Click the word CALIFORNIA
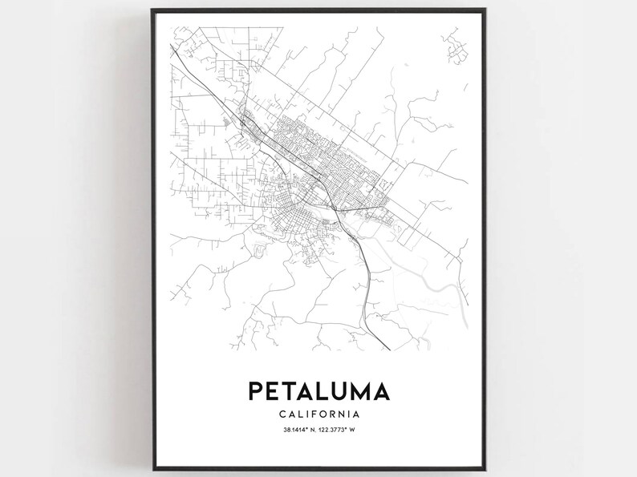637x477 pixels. pos(319,414)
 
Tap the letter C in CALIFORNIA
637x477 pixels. pos(283,414)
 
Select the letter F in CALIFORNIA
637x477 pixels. pos(313,414)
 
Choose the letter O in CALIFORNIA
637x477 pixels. pos(323,414)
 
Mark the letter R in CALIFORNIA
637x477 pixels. pos(332,414)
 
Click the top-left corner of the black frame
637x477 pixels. pos(152,10)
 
